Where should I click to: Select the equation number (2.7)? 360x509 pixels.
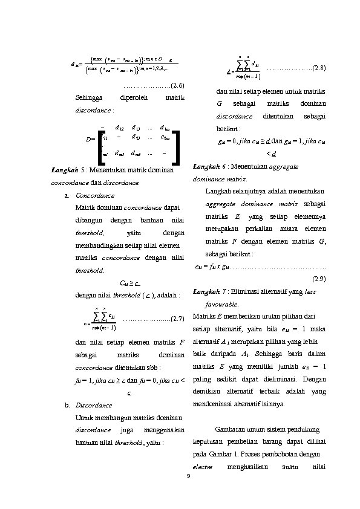pos(175,318)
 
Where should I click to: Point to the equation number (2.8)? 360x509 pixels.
pos(318,68)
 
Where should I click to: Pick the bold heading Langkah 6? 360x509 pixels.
pos(207,166)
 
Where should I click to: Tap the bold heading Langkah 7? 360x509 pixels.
pos(207,292)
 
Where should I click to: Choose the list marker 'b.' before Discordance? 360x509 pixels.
pos(67,405)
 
